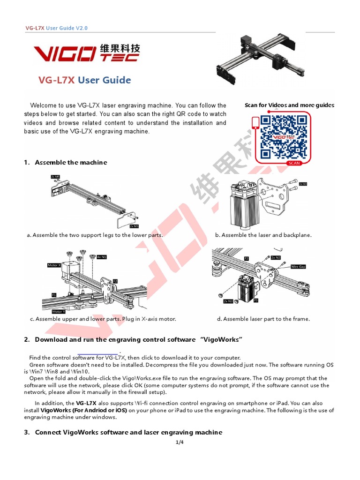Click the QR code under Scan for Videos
point(284,137)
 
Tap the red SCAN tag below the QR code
point(294,163)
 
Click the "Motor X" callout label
point(54,265)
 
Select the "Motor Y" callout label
point(59,311)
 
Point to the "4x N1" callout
point(102,257)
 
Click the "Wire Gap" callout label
point(298,266)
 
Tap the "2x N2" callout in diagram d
point(276,257)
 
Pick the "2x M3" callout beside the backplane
point(303,184)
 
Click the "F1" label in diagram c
point(54,295)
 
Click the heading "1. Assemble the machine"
point(66,162)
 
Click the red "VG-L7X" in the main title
point(56,80)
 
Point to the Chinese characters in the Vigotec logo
point(120,48)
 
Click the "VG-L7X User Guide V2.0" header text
point(56,28)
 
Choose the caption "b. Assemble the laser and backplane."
point(263,235)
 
